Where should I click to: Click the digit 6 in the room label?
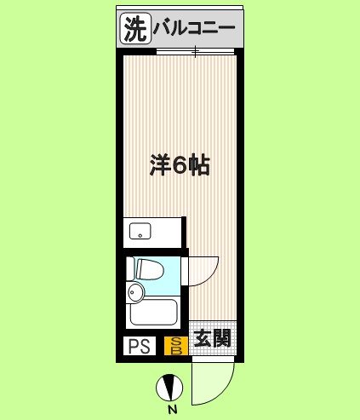(180, 164)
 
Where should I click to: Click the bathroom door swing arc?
(200, 268)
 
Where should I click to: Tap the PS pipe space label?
(138, 346)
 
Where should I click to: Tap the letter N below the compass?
(171, 410)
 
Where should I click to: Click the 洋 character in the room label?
(157, 164)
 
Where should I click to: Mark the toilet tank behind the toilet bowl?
(132, 269)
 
